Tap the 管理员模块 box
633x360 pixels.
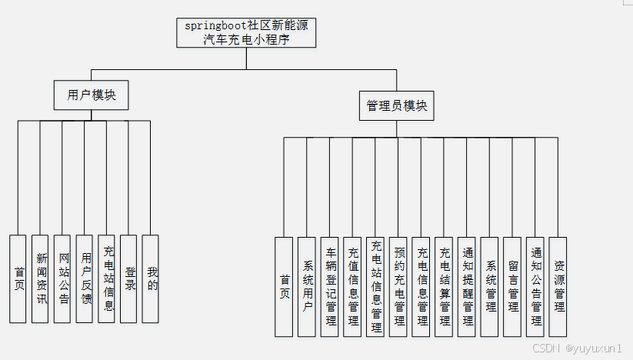pos(397,106)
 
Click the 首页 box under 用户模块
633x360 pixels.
pos(18,278)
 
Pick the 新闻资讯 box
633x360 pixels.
pos(41,278)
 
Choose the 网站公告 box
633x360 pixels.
pos(63,278)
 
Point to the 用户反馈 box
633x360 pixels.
pos(85,278)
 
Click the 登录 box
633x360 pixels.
pos(129,278)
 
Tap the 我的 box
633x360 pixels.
pos(152,278)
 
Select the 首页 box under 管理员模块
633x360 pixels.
pos(284,286)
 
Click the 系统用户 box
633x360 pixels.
pos(307,286)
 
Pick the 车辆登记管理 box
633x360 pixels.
pos(330,286)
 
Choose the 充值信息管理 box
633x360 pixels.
pos(352,286)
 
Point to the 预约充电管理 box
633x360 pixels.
pos(398,286)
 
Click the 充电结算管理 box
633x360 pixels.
pos(444,286)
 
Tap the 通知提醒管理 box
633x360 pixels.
pos(467,286)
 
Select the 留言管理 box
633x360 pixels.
pos(512,286)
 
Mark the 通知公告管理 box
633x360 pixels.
pos(535,286)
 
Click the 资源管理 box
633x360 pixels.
pos(558,286)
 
